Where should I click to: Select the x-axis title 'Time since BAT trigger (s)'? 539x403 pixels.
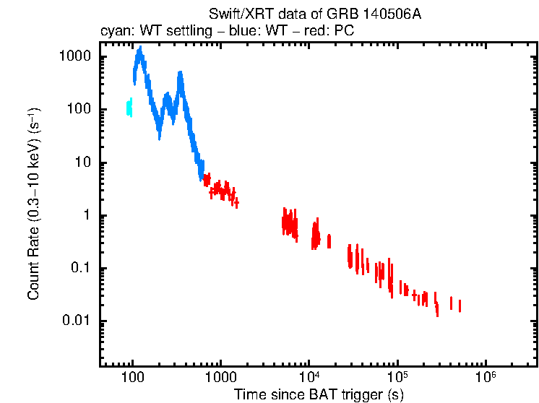pos(319,394)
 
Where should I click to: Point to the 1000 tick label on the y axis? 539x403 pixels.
pos(75,57)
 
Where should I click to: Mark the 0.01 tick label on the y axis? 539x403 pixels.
pos(77,321)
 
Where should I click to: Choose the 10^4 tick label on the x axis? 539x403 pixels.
pos(309,377)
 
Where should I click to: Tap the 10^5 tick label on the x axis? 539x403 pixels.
pos(397,377)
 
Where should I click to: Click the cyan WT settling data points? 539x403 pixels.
pos(129,108)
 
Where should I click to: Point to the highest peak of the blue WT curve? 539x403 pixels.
pos(139,50)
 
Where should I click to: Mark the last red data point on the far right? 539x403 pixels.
pos(460,306)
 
